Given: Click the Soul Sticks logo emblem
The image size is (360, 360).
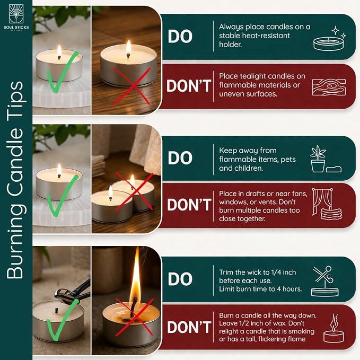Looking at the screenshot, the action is click(16, 14).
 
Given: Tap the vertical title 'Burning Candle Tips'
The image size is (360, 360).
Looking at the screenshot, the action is click(15, 180).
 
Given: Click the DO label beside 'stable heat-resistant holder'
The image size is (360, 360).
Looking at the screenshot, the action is click(180, 36).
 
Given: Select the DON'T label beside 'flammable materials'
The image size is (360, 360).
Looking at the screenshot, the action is click(189, 86).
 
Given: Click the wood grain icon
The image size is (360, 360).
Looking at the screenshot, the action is click(329, 87).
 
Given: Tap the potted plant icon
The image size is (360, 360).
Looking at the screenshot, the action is click(318, 159).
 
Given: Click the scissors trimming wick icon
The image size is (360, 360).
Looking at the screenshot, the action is click(324, 281).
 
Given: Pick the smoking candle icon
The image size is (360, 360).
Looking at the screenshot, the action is click(333, 329).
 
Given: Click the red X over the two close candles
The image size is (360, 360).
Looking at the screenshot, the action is click(134, 191).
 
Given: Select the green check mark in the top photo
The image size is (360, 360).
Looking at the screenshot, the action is click(63, 72).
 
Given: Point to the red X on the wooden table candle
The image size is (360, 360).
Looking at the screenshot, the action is click(131, 86).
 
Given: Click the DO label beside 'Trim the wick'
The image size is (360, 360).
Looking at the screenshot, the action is click(180, 279).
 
